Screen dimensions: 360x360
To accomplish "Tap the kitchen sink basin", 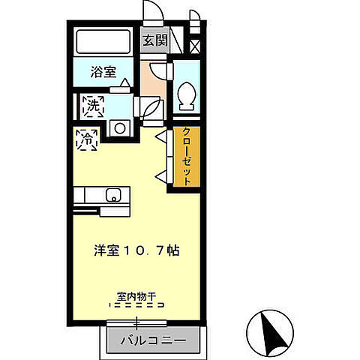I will [112, 196].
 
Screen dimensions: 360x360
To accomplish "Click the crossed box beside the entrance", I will [196, 46].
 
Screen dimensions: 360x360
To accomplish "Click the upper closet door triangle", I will [160, 137].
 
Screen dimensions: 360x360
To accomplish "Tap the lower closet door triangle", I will [160, 175].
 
